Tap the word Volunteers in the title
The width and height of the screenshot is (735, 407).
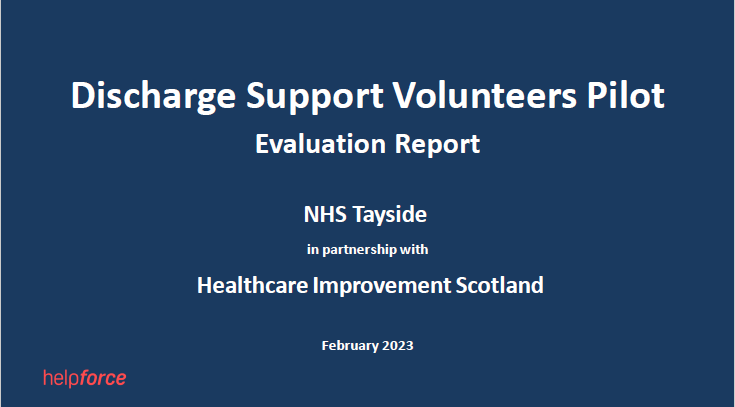(x=484, y=95)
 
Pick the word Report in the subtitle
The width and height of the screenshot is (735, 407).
(x=437, y=145)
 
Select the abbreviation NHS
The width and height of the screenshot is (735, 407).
(x=325, y=215)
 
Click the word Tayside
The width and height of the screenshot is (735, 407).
(x=390, y=216)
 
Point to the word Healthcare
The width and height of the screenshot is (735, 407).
(x=253, y=285)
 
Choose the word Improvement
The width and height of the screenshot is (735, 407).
(x=382, y=286)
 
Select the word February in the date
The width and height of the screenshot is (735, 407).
(x=350, y=346)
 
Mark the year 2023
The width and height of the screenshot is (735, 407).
(x=398, y=346)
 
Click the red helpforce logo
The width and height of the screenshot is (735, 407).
(x=85, y=378)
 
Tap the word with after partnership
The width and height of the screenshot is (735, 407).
(x=413, y=249)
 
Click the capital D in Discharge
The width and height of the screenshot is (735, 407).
(x=83, y=96)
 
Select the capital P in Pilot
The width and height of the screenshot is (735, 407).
(x=596, y=96)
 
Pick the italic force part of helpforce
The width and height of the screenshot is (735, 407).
(x=102, y=378)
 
